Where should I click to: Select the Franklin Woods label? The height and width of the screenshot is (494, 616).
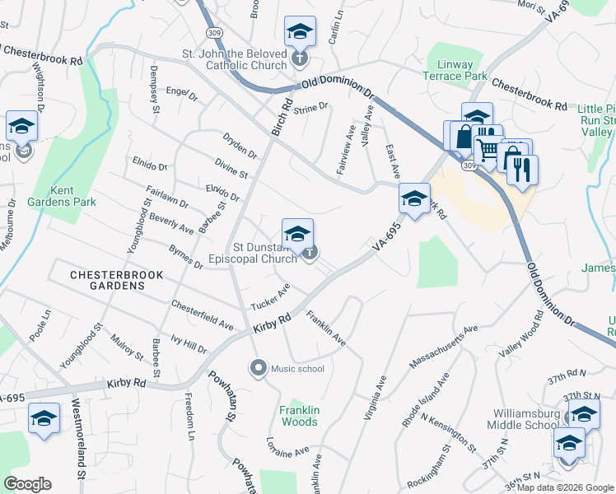point(298,416)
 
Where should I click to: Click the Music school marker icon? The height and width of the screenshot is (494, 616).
point(259,368)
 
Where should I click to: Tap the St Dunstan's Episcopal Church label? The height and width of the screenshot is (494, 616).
point(264,253)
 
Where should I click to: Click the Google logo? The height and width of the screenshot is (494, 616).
point(27,484)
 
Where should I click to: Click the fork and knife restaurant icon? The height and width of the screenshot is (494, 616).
point(521,170)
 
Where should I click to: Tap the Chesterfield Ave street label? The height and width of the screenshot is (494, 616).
point(203,315)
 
